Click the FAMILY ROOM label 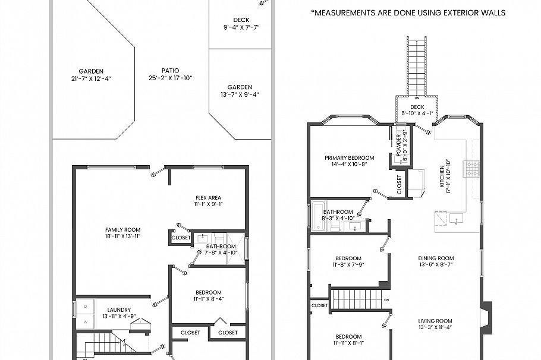[x=123, y=229]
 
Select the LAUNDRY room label [x=119, y=310]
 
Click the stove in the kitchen [x=473, y=169]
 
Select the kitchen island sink [x=456, y=219]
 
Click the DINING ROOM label [x=436, y=258]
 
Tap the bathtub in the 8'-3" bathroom [x=315, y=215]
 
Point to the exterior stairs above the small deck [x=417, y=65]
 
